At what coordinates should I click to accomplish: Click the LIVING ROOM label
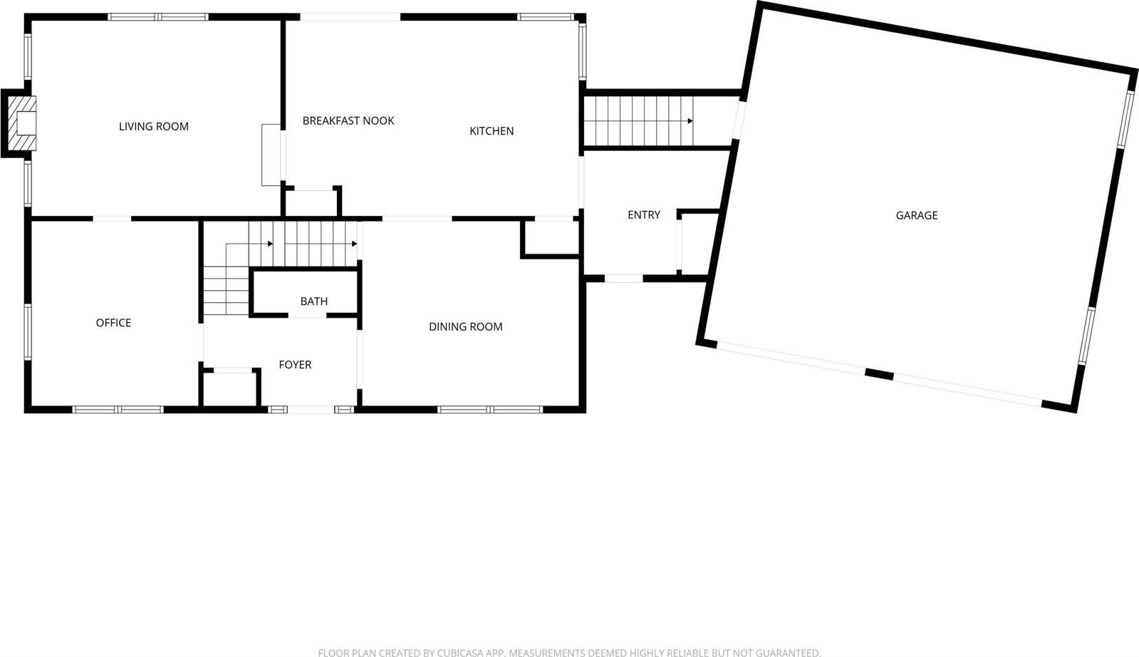click(154, 127)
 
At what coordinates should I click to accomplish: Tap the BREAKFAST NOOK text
click(348, 121)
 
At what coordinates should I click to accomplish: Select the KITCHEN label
click(492, 131)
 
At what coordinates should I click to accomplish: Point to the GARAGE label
click(916, 215)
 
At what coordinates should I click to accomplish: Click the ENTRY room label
click(643, 215)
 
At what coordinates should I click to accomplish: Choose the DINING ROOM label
click(465, 327)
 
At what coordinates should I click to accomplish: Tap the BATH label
click(313, 301)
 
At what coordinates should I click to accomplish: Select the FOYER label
click(295, 365)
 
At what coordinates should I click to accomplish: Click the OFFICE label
click(113, 323)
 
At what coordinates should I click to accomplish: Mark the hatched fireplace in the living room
click(21, 123)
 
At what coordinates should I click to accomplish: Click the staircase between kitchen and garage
click(638, 121)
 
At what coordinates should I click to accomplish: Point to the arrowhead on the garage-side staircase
click(690, 121)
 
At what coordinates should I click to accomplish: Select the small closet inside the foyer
click(230, 390)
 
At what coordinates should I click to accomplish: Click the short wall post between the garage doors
click(878, 373)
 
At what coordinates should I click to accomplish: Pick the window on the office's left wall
click(28, 331)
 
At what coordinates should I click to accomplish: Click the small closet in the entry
click(697, 243)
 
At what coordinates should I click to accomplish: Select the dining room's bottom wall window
click(490, 410)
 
